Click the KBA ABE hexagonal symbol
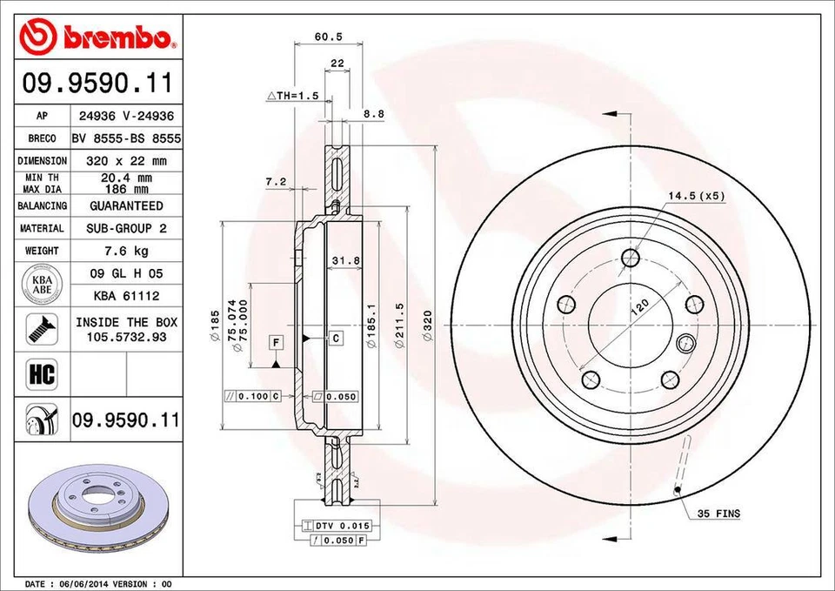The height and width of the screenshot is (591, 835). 42,285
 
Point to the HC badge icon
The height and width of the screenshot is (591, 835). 42,375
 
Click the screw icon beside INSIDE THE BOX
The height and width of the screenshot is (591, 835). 42,329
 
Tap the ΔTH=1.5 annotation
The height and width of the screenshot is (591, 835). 293,95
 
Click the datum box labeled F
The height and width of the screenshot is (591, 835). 275,341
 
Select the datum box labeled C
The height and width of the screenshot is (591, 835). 335,336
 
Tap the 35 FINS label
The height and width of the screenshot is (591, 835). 718,514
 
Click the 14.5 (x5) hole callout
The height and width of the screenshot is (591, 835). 696,196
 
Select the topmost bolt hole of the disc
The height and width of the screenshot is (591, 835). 631,257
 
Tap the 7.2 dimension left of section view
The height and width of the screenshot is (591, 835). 276,181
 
